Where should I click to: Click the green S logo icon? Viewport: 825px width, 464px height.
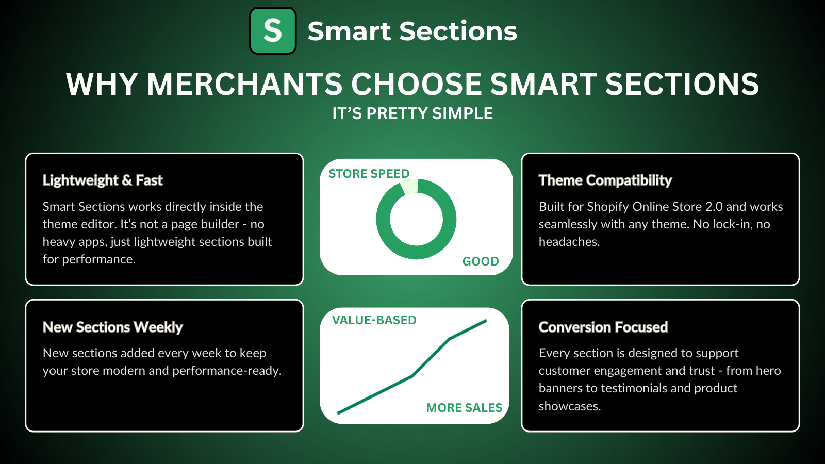[x=273, y=31]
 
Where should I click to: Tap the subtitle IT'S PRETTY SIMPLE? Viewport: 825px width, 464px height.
[x=412, y=113]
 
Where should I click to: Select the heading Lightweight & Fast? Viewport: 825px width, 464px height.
[x=103, y=180]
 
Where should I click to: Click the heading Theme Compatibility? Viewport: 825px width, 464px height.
[x=605, y=180]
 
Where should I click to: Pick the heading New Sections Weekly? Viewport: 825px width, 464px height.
[x=113, y=327]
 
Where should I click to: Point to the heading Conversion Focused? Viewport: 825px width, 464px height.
[x=603, y=327]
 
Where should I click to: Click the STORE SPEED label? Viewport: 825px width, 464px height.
[x=369, y=173]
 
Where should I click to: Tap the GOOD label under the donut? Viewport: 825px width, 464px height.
[x=481, y=261]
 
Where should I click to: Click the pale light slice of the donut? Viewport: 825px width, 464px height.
[x=409, y=187]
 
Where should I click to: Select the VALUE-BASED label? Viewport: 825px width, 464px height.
[x=374, y=320]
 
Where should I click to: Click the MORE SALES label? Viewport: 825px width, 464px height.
[x=464, y=408]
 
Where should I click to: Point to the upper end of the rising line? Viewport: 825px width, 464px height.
[x=486, y=321]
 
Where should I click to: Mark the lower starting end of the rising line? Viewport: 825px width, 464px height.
[x=338, y=413]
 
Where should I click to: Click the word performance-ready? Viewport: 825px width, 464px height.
[x=227, y=371]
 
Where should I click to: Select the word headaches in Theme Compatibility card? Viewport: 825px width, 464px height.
[x=569, y=242]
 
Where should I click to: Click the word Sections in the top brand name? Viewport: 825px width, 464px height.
[x=458, y=31]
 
